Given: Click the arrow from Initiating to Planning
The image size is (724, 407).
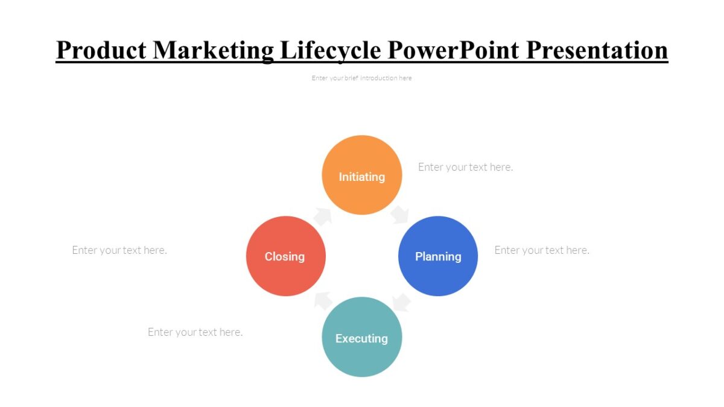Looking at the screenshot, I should click(399, 215).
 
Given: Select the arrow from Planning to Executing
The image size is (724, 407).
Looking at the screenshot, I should click(401, 301).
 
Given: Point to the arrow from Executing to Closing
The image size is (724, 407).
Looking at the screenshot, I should click(323, 300).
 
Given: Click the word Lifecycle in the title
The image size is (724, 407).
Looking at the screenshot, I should click(331, 50).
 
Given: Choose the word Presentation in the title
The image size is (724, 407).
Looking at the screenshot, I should click(597, 50).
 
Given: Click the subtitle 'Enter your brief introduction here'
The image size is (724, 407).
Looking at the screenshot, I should click(361, 78).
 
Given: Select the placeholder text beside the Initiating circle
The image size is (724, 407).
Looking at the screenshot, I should click(465, 167).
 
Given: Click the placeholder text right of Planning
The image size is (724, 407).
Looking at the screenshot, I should click(542, 250).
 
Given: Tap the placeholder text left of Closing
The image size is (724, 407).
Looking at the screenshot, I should click(119, 250).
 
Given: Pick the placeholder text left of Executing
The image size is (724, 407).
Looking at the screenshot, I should click(195, 332).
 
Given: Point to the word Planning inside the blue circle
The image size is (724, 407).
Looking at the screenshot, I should click(438, 256).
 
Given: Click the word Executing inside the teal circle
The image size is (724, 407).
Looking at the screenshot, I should click(361, 338).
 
